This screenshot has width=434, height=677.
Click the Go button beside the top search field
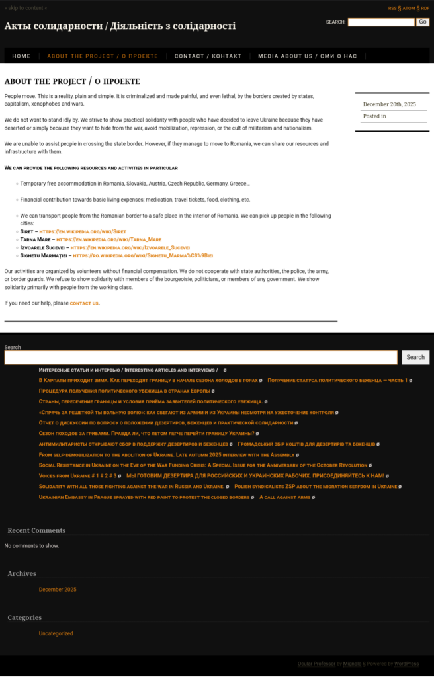[423, 22]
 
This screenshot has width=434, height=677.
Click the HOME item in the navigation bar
[21, 56]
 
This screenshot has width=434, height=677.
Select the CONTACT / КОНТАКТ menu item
[208, 56]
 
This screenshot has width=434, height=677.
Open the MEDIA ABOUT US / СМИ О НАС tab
[307, 56]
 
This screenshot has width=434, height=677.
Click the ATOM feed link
[409, 8]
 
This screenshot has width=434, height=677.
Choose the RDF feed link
[425, 8]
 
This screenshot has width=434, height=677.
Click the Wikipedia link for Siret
[83, 231]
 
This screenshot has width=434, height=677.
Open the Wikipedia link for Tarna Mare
[108, 239]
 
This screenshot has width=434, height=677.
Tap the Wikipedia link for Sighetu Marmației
[142, 255]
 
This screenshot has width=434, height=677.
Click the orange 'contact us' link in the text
[84, 303]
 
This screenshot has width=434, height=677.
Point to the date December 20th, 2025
[389, 104]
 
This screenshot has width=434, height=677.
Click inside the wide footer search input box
[200, 358]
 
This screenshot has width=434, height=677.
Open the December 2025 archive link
[58, 589]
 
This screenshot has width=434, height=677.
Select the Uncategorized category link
[56, 633]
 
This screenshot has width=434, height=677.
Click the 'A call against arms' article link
[284, 497]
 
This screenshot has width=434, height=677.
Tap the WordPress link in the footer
[406, 663]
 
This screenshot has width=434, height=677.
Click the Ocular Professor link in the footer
[316, 663]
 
